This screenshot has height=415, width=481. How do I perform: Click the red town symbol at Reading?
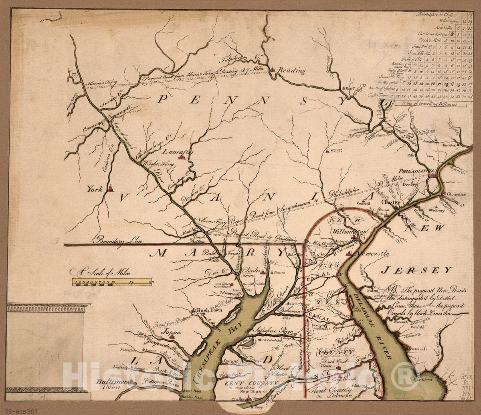[273, 69]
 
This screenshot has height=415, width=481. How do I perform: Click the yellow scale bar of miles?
[112, 282]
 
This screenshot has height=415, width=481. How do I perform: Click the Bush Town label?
[207, 310]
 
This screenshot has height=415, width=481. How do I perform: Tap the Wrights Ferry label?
[156, 163]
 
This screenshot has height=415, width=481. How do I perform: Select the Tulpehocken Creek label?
[239, 60]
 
